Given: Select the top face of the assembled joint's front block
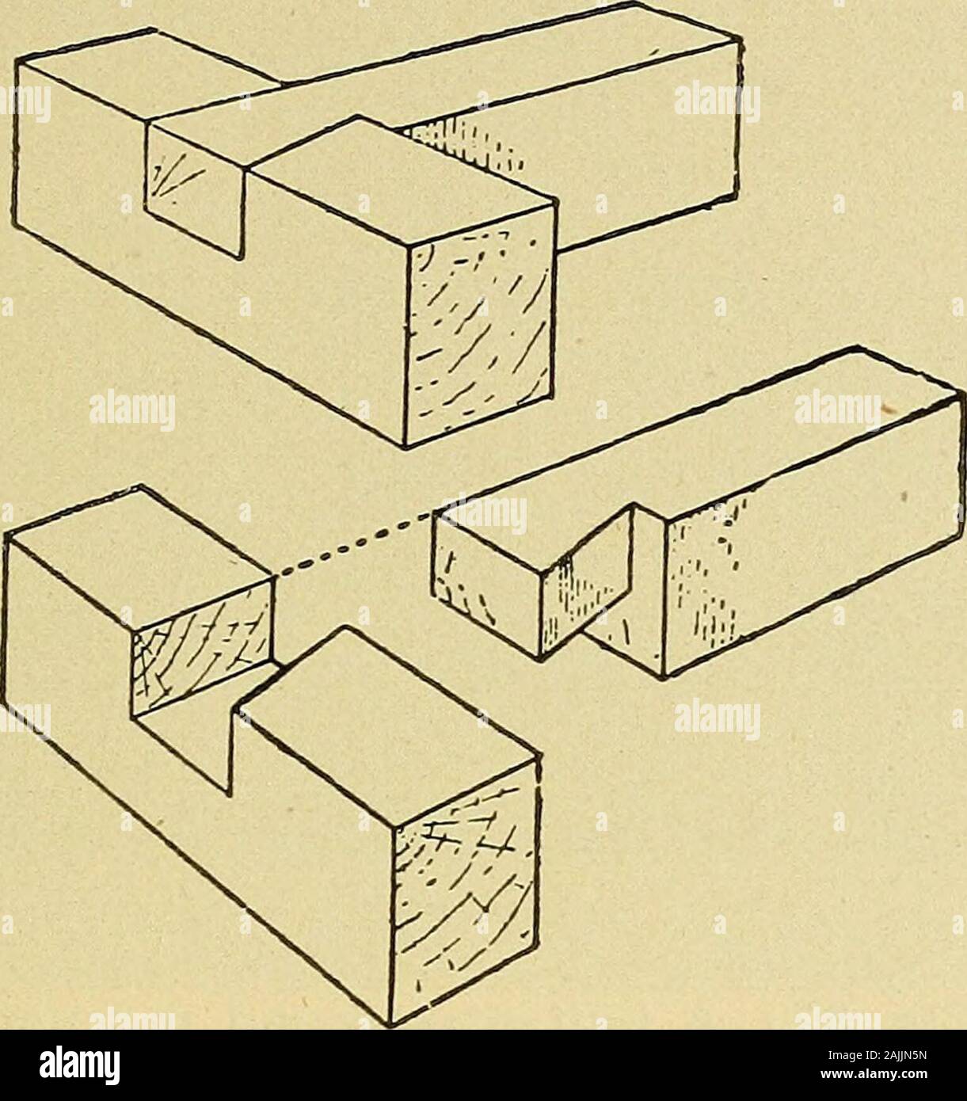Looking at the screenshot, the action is click(x=402, y=178).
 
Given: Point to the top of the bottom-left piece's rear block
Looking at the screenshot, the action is click(x=139, y=560).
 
